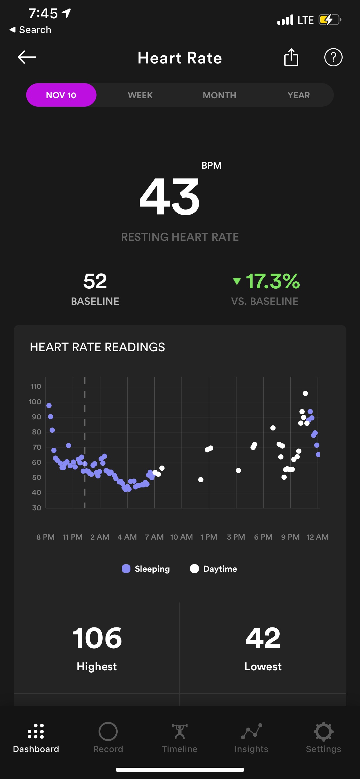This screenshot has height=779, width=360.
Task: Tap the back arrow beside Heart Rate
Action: point(27,57)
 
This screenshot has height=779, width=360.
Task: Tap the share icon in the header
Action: point(291,57)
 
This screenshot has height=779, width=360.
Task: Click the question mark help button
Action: point(333,57)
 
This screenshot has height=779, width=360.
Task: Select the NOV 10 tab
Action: point(61,95)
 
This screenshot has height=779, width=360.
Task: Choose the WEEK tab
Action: point(140,95)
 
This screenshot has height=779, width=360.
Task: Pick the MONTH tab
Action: point(219,95)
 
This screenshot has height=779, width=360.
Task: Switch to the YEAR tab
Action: point(299,95)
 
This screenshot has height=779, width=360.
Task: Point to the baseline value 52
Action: point(95,281)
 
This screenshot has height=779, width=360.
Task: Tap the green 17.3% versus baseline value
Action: point(272,281)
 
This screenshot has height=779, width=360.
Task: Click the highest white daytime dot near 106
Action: point(305,394)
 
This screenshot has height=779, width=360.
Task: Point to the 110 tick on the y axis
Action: point(36,387)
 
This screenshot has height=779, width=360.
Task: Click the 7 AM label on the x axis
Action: point(154,537)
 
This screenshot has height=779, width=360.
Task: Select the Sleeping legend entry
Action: point(146,569)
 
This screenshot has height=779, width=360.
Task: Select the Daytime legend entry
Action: point(214,569)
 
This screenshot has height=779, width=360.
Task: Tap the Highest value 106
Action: point(97,638)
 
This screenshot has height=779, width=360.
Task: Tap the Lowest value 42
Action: point(263,638)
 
